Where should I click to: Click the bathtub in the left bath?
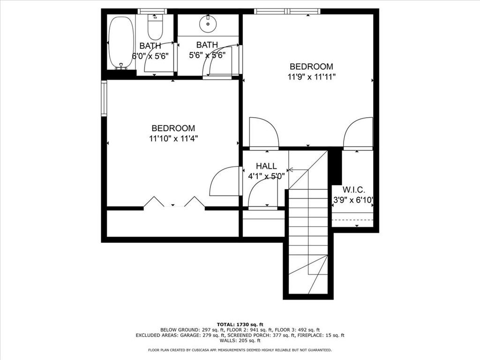tap(121, 43)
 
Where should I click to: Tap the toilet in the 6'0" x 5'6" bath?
tap(155, 27)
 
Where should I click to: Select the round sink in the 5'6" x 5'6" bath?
tap(208, 23)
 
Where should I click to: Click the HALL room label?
tap(266, 166)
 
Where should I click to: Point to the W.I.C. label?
tap(353, 190)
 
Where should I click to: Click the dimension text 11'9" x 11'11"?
tap(312, 76)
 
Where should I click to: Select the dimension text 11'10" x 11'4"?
tap(173, 139)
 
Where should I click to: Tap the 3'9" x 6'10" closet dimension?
tap(353, 200)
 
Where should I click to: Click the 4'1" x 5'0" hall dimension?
tap(266, 176)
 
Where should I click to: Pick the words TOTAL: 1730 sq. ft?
tap(240, 324)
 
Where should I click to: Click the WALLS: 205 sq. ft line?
tap(240, 340)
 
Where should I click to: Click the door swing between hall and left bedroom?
tap(225, 181)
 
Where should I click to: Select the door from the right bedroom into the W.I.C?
tap(358, 134)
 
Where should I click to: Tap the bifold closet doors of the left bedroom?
tap(174, 202)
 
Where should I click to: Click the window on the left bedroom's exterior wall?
tap(104, 98)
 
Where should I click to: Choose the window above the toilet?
tap(152, 11)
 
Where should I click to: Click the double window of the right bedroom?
tap(287, 11)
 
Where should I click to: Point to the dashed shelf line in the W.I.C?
tap(352, 220)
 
